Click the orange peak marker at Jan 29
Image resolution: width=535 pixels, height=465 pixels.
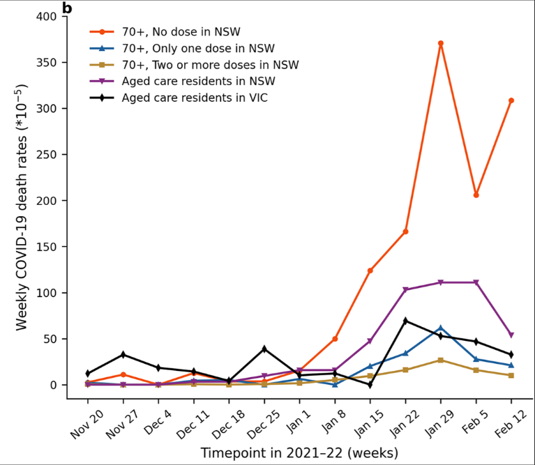tap(441, 43)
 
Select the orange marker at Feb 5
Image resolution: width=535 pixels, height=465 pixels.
tap(476, 195)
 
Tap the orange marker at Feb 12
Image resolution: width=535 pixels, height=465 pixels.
tap(511, 100)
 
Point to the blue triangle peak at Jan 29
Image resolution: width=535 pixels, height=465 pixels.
tap(441, 328)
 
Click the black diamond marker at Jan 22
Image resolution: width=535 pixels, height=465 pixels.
tap(405, 321)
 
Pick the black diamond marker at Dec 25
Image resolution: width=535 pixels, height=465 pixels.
tap(264, 349)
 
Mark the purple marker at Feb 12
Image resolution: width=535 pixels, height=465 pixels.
tap(511, 335)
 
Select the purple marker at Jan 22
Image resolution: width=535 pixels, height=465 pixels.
tap(405, 290)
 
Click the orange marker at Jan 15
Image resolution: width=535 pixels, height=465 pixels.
tap(370, 270)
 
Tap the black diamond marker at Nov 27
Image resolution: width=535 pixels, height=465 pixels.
tap(123, 355)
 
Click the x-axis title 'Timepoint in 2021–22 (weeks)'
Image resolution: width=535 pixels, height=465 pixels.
tap(299, 453)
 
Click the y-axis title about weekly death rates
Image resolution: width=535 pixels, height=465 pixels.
tap(23, 200)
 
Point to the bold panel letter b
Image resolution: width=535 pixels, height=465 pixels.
tap(67, 8)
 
